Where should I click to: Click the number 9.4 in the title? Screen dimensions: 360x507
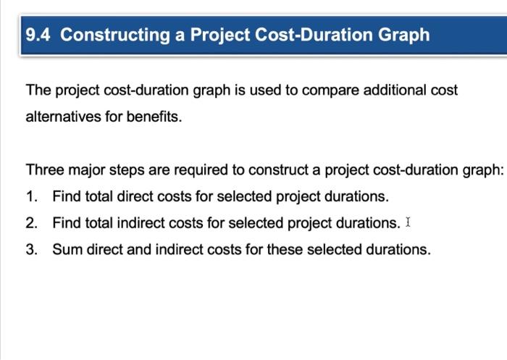tap(38, 35)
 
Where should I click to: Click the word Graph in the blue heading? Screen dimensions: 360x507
tap(403, 35)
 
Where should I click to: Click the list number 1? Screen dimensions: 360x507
tap(30, 196)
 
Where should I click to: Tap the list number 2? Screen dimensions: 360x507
tap(30, 223)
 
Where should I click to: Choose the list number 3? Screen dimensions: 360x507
tap(30, 250)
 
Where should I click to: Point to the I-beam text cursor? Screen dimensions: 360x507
tap(408, 222)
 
